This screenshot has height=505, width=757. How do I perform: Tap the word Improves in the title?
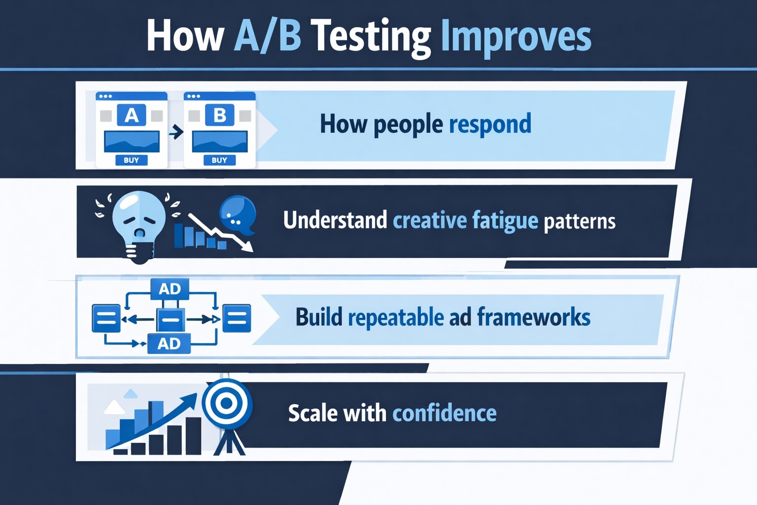pos(516,36)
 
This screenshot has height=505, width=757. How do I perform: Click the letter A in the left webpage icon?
pos(131,115)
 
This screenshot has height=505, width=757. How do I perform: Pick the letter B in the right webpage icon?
pos(219,115)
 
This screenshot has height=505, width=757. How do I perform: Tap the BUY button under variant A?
pos(131,160)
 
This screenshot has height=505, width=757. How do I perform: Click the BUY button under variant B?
pos(219,160)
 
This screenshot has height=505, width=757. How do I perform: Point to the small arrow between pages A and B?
pos(176,132)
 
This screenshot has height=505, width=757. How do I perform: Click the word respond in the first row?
pos(490,124)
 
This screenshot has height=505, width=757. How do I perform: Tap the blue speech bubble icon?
pos(238,214)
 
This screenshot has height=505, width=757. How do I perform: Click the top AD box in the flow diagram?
pos(170,289)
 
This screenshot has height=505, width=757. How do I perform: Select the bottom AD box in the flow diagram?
pos(169,343)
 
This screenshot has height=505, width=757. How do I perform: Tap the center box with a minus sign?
pos(171,320)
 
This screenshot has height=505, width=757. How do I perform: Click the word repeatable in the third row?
pos(396,317)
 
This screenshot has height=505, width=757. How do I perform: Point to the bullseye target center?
pos(227,403)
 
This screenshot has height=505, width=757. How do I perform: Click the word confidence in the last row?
pos(444,413)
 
